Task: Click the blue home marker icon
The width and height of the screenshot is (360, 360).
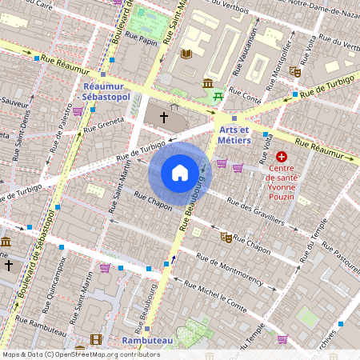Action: pos(180,172)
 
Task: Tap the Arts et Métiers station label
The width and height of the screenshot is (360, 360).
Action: pos(234,134)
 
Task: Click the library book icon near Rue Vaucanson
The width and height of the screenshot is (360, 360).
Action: pos(186,54)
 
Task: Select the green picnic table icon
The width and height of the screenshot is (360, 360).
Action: pos(218,97)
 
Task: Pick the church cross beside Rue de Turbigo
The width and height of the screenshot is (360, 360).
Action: pos(164,118)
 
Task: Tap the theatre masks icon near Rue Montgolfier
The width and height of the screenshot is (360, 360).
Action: pos(295,72)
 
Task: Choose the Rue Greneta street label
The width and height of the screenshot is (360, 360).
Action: pos(105,123)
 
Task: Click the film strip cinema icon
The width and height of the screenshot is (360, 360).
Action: pos(96,340)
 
